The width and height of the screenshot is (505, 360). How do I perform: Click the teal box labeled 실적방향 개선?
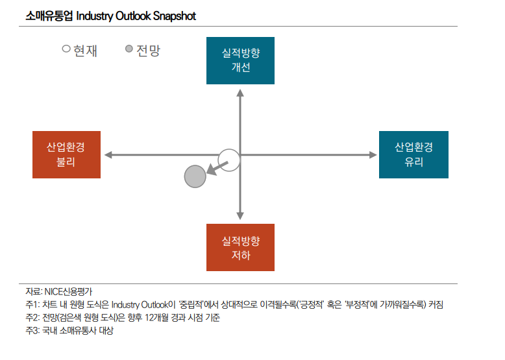click(x=240, y=60)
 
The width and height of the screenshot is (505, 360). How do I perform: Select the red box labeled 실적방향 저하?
click(x=240, y=247)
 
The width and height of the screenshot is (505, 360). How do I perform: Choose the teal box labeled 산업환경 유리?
click(x=413, y=154)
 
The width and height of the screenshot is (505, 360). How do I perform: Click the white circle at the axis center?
click(x=229, y=160)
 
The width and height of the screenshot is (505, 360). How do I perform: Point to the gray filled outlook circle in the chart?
click(x=195, y=176)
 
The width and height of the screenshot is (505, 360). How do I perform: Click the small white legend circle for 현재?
click(x=66, y=49)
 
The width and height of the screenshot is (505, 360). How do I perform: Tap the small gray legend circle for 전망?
click(x=129, y=49)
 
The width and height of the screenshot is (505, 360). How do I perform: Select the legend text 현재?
click(x=85, y=49)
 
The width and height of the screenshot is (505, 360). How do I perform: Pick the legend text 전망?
click(x=148, y=49)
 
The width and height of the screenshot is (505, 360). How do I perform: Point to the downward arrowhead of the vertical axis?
click(x=240, y=215)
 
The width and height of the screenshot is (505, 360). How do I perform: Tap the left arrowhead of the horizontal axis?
click(x=108, y=155)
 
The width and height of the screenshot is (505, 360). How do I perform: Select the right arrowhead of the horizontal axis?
click(x=373, y=155)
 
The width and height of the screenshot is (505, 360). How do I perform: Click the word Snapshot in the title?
click(x=175, y=16)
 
